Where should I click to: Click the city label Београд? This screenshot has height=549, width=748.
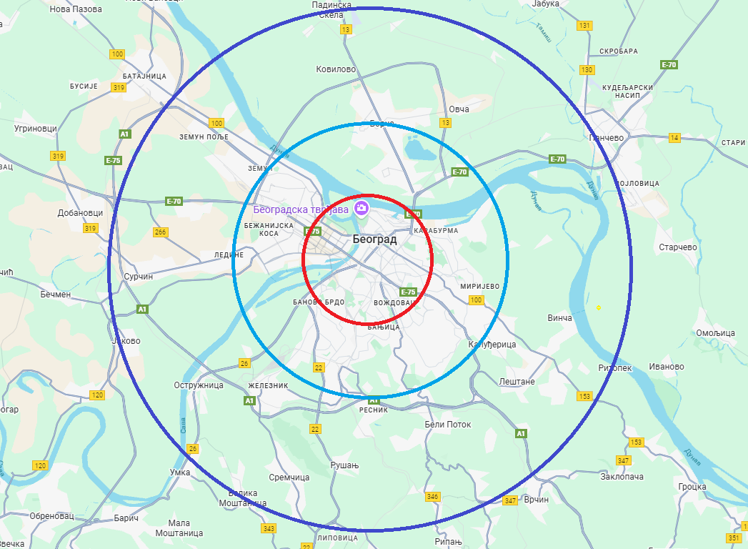point(374,239)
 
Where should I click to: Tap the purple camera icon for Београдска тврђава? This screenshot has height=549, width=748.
point(361,208)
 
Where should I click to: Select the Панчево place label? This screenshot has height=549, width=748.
point(606,138)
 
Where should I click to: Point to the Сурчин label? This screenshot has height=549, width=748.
point(138,276)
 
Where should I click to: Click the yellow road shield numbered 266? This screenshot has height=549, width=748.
point(160,232)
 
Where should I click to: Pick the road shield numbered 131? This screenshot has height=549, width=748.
point(586,26)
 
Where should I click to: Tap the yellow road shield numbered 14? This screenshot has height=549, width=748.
point(675,137)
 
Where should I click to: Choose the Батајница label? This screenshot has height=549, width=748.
point(144,76)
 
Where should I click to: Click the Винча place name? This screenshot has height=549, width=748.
point(559,317)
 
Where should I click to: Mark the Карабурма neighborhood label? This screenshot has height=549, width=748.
point(435,231)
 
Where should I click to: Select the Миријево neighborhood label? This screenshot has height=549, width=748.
point(479,285)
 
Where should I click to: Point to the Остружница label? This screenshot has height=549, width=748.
point(199,385)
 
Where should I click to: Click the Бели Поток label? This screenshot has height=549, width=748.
point(448,424)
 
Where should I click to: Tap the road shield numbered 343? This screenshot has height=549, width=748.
point(269,528)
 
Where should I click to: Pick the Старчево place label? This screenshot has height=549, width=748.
point(678,247)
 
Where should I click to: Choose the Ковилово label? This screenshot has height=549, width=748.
point(336,69)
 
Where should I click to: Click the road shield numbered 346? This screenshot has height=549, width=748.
point(432,496)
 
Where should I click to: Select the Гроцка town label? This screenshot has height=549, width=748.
point(693,487)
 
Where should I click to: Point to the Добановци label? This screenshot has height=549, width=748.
point(81,213)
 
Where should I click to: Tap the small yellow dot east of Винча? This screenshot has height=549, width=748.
point(599,307)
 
